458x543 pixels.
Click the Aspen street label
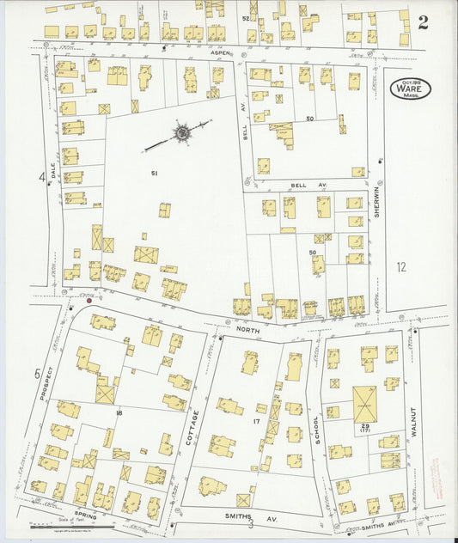tap(217, 53)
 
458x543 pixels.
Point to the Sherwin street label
tap(376, 202)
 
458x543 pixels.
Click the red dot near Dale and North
tap(89, 300)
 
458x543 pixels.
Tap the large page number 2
tap(423, 22)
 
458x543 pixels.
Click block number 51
tap(155, 174)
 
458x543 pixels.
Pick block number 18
tap(119, 413)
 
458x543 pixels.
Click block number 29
tap(364, 426)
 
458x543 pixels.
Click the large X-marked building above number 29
tap(364, 403)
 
